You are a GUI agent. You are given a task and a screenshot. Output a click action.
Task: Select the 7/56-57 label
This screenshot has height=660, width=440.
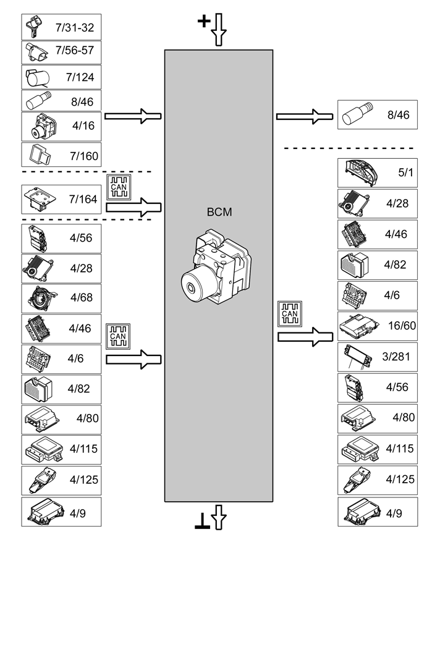click(x=75, y=50)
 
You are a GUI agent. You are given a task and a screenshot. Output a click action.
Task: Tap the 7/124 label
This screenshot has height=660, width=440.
click(x=80, y=78)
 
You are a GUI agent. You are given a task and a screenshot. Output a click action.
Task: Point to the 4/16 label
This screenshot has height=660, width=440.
click(x=83, y=125)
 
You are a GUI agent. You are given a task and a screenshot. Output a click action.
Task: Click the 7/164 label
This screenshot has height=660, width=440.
click(x=83, y=199)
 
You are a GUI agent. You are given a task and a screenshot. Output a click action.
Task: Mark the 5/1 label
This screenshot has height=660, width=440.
click(x=406, y=172)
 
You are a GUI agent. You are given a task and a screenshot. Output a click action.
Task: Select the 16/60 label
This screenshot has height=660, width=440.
click(x=400, y=325)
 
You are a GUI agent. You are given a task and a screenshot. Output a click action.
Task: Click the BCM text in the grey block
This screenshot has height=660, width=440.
click(x=219, y=212)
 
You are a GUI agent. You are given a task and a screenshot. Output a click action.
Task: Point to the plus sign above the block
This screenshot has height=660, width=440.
click(x=203, y=22)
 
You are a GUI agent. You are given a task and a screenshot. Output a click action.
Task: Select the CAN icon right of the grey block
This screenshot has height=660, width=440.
click(x=289, y=313)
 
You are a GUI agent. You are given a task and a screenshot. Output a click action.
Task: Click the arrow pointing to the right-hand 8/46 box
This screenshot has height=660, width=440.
click(x=305, y=116)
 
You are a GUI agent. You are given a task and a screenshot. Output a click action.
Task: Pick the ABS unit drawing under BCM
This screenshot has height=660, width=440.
click(x=216, y=269)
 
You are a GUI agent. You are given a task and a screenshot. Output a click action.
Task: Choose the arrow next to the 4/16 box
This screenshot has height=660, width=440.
click(x=133, y=116)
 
